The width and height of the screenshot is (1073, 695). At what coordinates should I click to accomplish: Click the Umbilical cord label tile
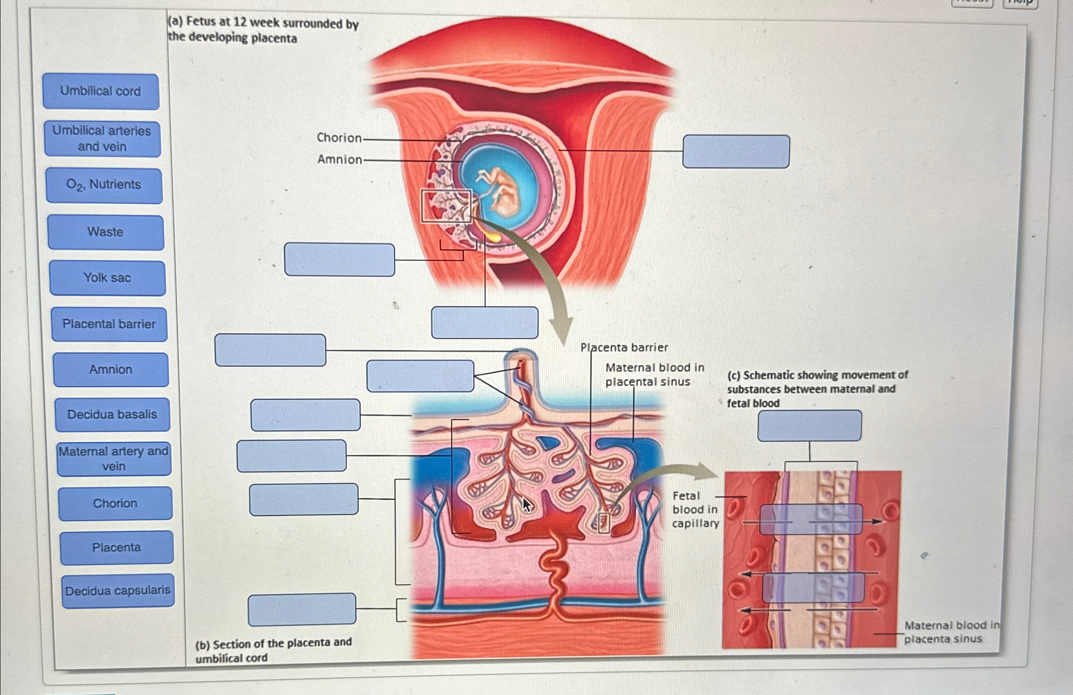pyautogui.click(x=101, y=91)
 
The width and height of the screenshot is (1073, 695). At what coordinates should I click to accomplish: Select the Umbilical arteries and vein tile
pyautogui.click(x=103, y=139)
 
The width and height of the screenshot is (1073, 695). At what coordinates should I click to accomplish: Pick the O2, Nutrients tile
pyautogui.click(x=104, y=185)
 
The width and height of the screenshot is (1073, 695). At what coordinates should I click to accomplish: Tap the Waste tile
pyautogui.click(x=106, y=232)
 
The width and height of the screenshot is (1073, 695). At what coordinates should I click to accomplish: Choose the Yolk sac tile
pyautogui.click(x=108, y=278)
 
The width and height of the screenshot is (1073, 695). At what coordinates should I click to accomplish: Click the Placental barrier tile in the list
pyautogui.click(x=109, y=324)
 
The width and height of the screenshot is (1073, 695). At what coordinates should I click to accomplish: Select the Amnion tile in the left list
pyautogui.click(x=111, y=370)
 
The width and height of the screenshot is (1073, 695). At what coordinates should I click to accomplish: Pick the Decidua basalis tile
pyautogui.click(x=113, y=415)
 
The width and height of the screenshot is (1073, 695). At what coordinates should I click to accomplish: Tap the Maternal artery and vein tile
pyautogui.click(x=114, y=459)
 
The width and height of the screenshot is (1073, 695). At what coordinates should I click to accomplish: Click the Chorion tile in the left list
pyautogui.click(x=115, y=503)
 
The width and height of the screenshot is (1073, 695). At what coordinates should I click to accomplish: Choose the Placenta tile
pyautogui.click(x=117, y=548)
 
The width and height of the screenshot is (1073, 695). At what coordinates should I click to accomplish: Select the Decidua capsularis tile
pyautogui.click(x=118, y=591)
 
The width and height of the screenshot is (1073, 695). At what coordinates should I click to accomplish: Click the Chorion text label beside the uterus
pyautogui.click(x=339, y=137)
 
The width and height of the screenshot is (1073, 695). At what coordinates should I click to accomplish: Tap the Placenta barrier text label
pyautogui.click(x=624, y=347)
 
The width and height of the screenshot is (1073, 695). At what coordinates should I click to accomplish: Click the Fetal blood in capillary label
pyautogui.click(x=695, y=510)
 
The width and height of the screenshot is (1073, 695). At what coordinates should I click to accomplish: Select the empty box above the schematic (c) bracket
pyautogui.click(x=809, y=425)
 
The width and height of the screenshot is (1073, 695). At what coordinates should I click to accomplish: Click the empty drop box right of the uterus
pyautogui.click(x=736, y=151)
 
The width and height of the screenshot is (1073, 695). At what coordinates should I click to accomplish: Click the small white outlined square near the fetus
pyautogui.click(x=446, y=206)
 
